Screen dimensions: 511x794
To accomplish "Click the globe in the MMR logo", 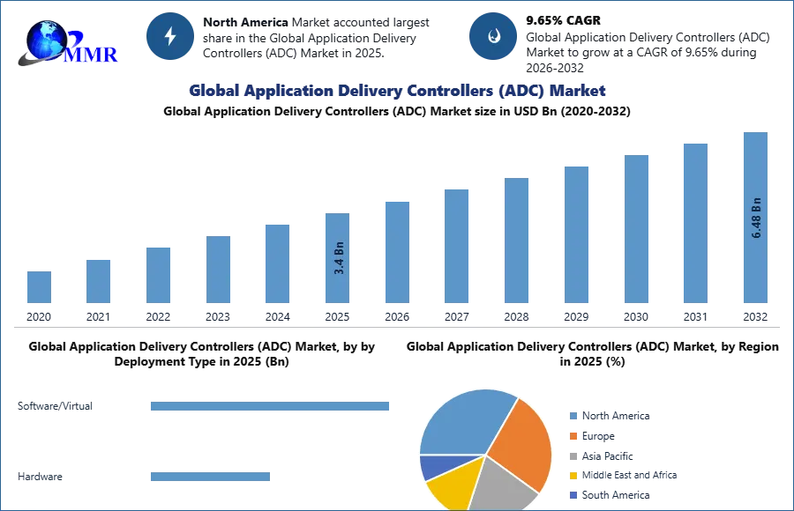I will point(43,40).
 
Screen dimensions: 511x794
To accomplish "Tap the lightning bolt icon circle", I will point(170,36).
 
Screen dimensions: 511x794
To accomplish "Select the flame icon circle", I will point(492,36).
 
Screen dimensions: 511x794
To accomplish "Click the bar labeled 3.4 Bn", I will point(338,257).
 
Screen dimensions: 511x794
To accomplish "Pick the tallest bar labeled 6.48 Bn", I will point(755,216).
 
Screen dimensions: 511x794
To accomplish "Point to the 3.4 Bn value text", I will point(339,258).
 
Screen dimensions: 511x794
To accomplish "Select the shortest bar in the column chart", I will point(39,285).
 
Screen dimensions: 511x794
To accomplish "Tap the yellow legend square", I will point(572,475).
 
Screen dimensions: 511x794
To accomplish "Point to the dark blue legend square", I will point(572,494).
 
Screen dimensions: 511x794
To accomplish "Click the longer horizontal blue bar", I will point(271,408).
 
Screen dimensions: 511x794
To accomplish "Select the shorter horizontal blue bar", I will point(211,478).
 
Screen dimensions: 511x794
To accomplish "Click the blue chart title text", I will point(396,91).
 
